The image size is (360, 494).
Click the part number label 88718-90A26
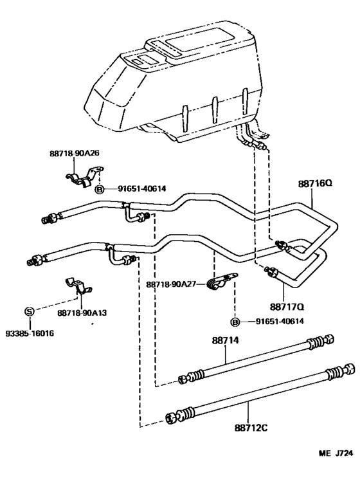tap(75, 153)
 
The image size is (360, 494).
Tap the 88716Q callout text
tap(315, 183)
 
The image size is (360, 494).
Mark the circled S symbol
tap(29, 311)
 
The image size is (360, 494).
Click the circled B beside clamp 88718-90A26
tap(100, 189)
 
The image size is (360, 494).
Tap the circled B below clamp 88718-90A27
tap(235, 322)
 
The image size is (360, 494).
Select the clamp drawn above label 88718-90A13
tap(78, 287)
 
